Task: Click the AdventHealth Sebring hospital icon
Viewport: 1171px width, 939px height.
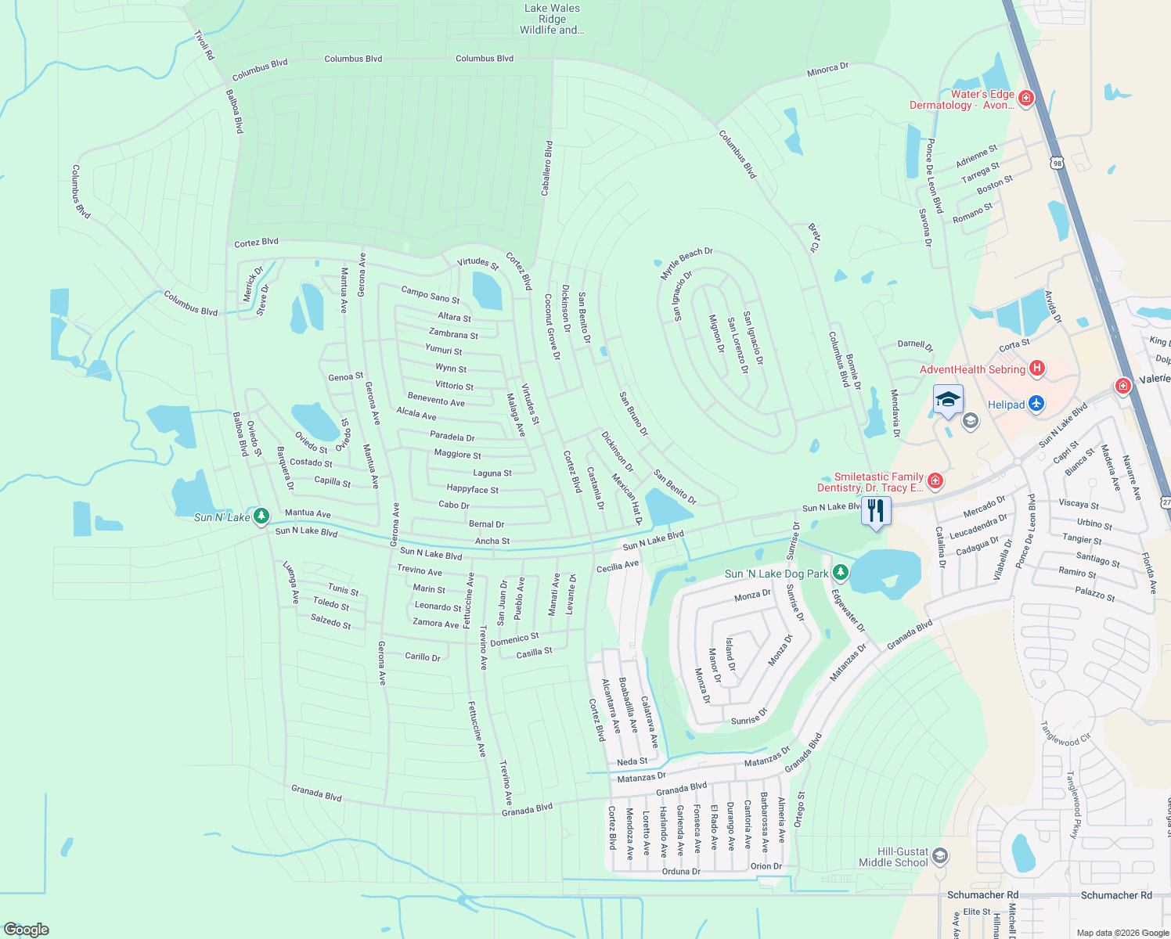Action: pyautogui.click(x=1037, y=368)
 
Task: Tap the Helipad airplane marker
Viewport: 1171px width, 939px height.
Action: pyautogui.click(x=1037, y=404)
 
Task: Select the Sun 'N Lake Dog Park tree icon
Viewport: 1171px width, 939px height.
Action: pyautogui.click(x=840, y=573)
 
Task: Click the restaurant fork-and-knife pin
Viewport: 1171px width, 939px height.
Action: pyautogui.click(x=876, y=511)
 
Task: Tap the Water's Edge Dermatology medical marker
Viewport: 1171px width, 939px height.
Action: pyautogui.click(x=1026, y=99)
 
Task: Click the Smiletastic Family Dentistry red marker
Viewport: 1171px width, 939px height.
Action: pyautogui.click(x=935, y=480)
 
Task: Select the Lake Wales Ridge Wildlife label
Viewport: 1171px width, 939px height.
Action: pyautogui.click(x=552, y=20)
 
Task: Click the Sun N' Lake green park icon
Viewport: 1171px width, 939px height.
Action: pyautogui.click(x=261, y=516)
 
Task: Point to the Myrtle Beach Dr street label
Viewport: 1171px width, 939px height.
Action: pyautogui.click(x=686, y=263)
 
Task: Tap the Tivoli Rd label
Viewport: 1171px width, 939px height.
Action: pyautogui.click(x=204, y=45)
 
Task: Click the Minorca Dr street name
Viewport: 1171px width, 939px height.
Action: pyautogui.click(x=827, y=70)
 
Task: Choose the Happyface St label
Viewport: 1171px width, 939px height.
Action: pyautogui.click(x=472, y=489)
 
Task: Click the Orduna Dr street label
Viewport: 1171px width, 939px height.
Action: pyautogui.click(x=681, y=871)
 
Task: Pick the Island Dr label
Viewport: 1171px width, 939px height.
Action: pyautogui.click(x=730, y=654)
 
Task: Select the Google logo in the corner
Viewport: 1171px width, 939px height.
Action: pyautogui.click(x=27, y=930)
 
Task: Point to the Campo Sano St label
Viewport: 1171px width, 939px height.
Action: pyautogui.click(x=430, y=294)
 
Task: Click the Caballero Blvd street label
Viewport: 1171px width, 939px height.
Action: pyautogui.click(x=548, y=167)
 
